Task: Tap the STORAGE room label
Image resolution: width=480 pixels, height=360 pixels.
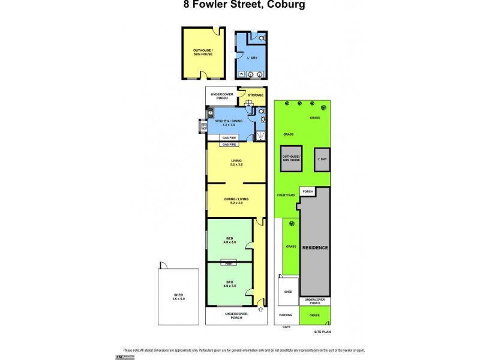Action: (256, 95)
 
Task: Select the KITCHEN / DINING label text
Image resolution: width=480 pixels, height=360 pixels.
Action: (229, 121)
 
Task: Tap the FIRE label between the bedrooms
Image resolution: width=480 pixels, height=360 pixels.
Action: (229, 263)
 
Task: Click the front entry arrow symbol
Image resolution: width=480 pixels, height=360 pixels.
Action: (260, 310)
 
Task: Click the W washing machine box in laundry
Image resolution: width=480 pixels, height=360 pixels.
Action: (241, 74)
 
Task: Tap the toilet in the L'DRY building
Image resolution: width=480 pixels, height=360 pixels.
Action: (262, 38)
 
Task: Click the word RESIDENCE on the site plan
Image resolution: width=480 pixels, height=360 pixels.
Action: (315, 247)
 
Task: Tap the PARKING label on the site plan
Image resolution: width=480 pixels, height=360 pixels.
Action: (285, 315)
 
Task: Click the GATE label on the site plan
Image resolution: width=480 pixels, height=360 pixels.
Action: (287, 326)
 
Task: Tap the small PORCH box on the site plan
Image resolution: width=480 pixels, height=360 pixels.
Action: (307, 192)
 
